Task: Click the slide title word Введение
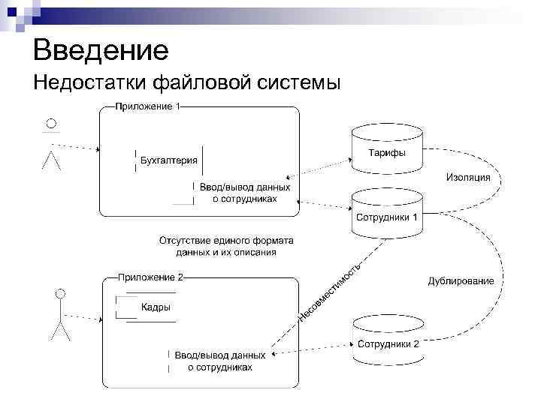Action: coord(101,50)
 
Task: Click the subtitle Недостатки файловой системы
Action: coord(186,81)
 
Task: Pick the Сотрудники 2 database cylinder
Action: coord(387,339)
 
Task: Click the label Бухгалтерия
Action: coord(170,160)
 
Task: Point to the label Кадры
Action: coord(156,307)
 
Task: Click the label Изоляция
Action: coord(467,178)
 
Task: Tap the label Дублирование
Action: coord(461,281)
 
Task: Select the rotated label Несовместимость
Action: coord(331,292)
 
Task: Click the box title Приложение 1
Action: coord(147,106)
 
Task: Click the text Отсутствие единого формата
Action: coord(225,241)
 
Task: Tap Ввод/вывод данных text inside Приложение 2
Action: coord(219,355)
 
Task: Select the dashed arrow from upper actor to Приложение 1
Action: coord(75,146)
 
